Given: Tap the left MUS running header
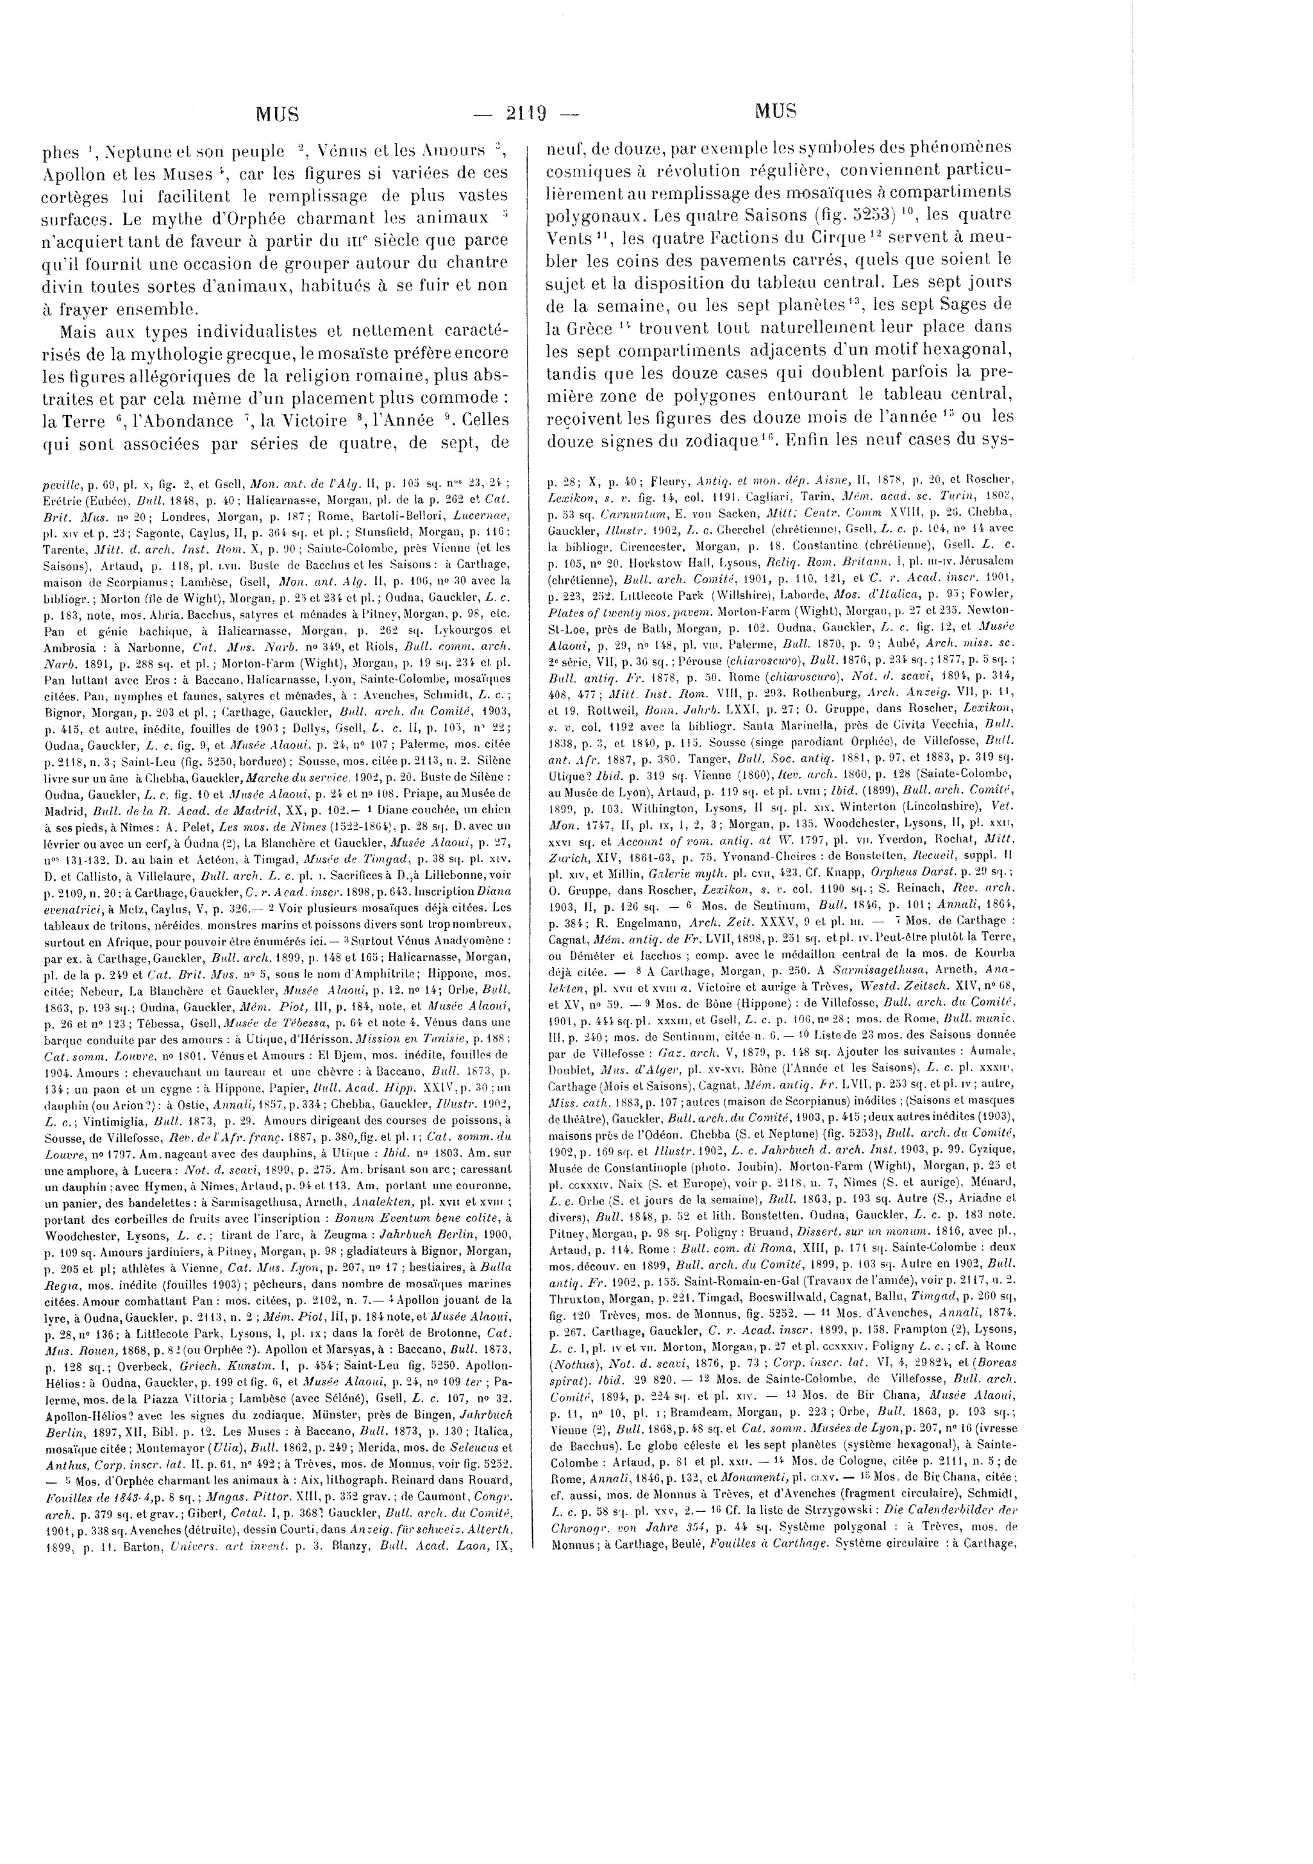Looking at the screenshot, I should [278, 114].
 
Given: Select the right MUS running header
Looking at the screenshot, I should [775, 111].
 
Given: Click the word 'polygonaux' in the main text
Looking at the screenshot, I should [594, 217].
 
